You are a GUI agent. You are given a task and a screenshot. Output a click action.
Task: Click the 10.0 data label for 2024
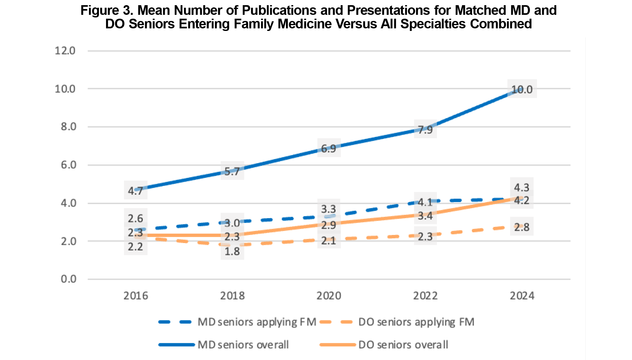(522, 89)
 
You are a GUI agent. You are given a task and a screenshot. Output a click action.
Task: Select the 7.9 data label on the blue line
(425, 130)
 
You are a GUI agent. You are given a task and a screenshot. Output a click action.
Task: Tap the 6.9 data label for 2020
(328, 149)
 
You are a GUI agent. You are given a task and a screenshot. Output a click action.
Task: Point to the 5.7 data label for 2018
(232, 171)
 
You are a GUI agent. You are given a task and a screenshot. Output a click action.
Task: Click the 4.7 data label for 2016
(135, 190)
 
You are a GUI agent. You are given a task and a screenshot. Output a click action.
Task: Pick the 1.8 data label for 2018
(232, 251)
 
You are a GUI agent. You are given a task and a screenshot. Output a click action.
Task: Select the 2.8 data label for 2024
(522, 227)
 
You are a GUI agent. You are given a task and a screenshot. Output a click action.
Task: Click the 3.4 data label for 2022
(425, 216)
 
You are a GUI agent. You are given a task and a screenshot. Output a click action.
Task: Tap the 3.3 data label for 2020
(328, 209)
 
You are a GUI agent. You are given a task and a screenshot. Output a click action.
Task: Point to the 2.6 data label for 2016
(135, 218)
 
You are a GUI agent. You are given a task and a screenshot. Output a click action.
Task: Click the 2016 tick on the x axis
(135, 296)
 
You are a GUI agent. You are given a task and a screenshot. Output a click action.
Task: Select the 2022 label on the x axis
(425, 296)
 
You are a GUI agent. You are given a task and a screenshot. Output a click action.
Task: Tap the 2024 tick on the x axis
(522, 296)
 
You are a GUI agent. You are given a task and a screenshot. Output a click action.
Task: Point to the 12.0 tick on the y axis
(65, 51)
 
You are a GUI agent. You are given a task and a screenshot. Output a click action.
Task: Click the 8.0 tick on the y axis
(68, 127)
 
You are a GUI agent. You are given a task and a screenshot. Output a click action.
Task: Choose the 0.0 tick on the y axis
(68, 279)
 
